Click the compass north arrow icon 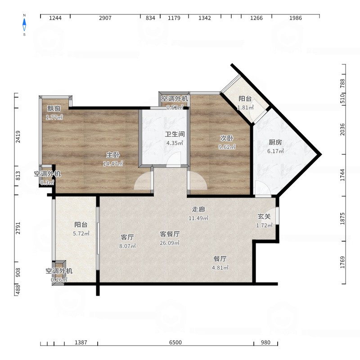click(x=24, y=25)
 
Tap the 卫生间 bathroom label click(x=175, y=134)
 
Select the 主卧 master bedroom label click(x=113, y=155)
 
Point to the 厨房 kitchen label click(x=275, y=142)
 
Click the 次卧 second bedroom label click(x=227, y=138)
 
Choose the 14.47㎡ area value click(x=113, y=164)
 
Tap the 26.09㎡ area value click(x=170, y=243)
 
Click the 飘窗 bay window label click(x=54, y=108)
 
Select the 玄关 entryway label click(x=264, y=216)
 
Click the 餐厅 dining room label click(x=220, y=259)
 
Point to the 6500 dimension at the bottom click(x=175, y=342)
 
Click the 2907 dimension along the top click(x=105, y=18)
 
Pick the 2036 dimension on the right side click(x=342, y=130)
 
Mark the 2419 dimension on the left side click(x=18, y=137)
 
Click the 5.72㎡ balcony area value click(x=81, y=234)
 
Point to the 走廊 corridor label click(x=198, y=209)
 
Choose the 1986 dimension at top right click(x=296, y=18)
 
